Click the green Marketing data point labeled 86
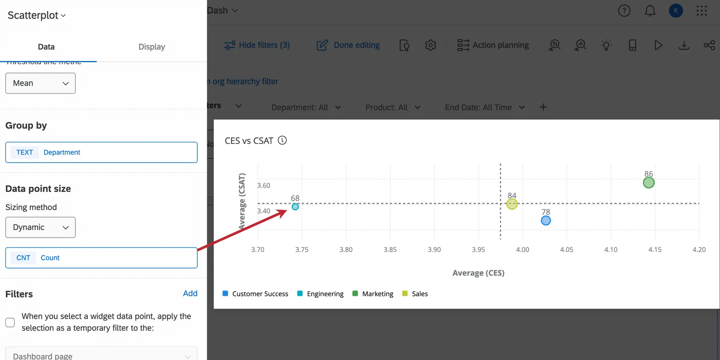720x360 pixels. [648, 183]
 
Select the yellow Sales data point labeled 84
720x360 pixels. [512, 204]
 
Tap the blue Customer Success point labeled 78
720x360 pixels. [546, 220]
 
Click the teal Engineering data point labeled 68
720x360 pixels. [295, 207]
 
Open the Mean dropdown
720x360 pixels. [41, 83]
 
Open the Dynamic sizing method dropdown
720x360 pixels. [41, 227]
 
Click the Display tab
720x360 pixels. [152, 47]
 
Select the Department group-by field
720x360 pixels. [101, 152]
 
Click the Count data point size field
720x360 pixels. [101, 258]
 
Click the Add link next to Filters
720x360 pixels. [190, 294]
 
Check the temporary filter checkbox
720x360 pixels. [10, 322]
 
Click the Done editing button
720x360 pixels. [348, 45]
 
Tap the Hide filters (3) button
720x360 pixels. [257, 45]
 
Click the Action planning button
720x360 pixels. [493, 45]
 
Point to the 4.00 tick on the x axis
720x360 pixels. [522, 249]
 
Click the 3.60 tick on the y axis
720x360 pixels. [263, 186]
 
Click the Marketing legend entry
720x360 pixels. [377, 294]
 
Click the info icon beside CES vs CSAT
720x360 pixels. [282, 140]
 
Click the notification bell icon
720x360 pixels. [650, 11]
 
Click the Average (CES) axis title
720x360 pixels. [478, 273]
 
